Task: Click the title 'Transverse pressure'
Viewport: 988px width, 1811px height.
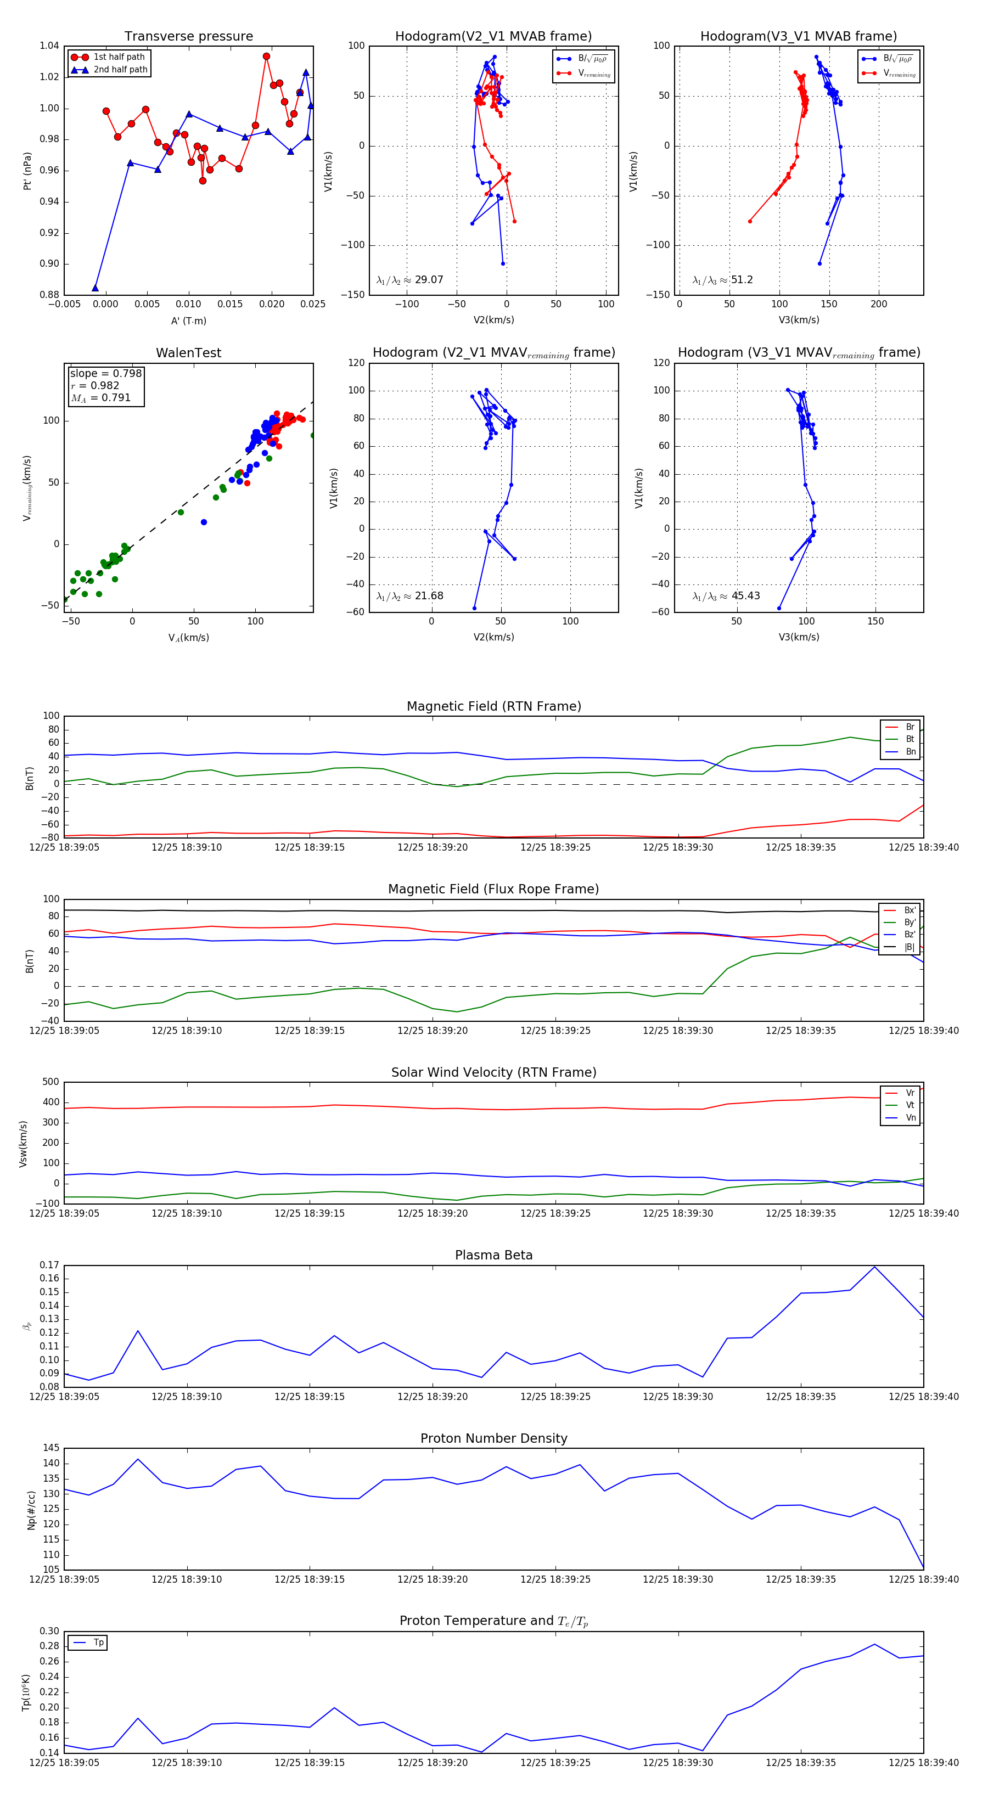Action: point(188,37)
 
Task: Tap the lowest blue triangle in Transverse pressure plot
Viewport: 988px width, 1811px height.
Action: point(95,288)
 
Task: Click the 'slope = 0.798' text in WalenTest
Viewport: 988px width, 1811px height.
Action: point(105,373)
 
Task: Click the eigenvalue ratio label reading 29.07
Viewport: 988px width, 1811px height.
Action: point(410,280)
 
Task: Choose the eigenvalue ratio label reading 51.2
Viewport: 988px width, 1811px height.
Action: point(722,280)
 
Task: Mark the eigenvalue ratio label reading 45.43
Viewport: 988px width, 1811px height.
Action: point(726,596)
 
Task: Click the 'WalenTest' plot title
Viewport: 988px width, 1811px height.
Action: point(188,353)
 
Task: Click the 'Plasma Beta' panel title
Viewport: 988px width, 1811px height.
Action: point(493,1255)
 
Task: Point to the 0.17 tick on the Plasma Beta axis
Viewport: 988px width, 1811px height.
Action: point(49,1265)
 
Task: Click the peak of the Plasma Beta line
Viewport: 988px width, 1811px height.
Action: point(874,1267)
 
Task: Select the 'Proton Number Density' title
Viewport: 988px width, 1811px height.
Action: point(493,1438)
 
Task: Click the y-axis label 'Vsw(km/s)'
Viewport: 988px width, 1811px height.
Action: point(23,1144)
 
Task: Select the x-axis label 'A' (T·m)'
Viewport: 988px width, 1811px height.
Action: point(188,321)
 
